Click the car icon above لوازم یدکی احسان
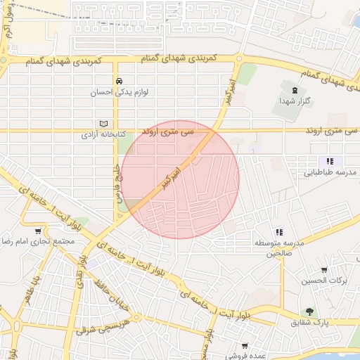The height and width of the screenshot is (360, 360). pos(120,80)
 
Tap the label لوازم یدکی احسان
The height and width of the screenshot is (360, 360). pos(120,91)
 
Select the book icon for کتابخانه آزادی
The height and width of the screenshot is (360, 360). pos(105,122)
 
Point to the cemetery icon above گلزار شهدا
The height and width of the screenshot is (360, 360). pos(294,90)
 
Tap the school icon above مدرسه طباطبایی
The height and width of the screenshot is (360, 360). pos(330,161)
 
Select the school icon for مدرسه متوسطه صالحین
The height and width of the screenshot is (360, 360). pos(279,231)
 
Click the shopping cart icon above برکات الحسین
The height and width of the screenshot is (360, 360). pos(324,269)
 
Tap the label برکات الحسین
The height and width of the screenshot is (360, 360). pos(324,281)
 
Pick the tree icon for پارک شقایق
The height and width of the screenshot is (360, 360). pos(309,311)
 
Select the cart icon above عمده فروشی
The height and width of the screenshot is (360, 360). pos(244,345)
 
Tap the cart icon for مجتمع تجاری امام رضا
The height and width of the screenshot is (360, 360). pos(37,231)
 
